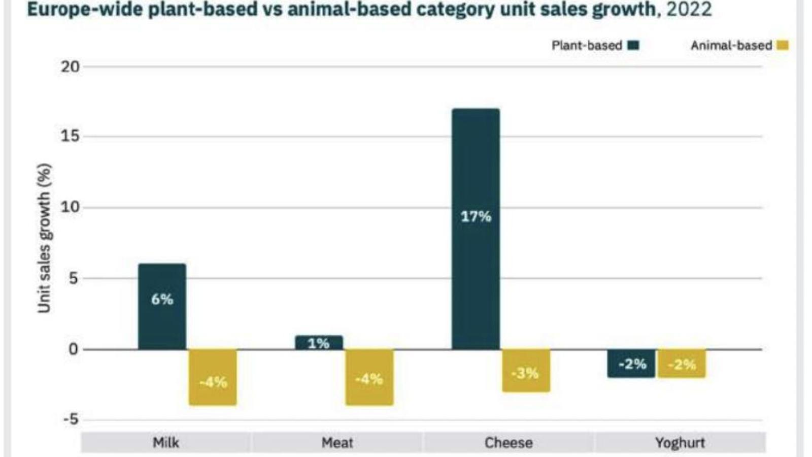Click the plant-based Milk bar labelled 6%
(x=162, y=306)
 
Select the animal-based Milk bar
(x=213, y=377)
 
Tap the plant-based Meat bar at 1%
(x=319, y=343)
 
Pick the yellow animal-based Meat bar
(x=369, y=377)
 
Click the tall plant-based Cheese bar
(x=476, y=228)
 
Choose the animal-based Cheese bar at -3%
(x=526, y=371)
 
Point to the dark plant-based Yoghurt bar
(x=631, y=364)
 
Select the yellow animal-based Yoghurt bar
(x=682, y=364)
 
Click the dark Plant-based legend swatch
(x=633, y=45)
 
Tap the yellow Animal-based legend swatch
(x=783, y=45)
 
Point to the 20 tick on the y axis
(x=70, y=67)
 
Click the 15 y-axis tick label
(x=70, y=137)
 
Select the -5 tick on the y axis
(x=70, y=420)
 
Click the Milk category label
(x=166, y=443)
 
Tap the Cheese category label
(x=509, y=443)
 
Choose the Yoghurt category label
(x=680, y=443)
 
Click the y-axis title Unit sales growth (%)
(x=45, y=238)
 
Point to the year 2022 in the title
(x=689, y=9)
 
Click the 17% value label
(x=476, y=217)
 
